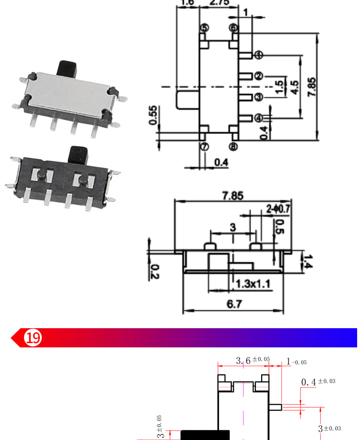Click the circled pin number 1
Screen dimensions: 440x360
(x=259, y=55)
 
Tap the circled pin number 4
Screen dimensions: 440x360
(x=259, y=118)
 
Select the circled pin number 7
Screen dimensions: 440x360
(x=204, y=147)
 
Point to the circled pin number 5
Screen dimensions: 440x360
(x=204, y=28)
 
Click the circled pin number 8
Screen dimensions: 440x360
(x=233, y=147)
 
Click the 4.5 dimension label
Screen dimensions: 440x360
(x=295, y=86)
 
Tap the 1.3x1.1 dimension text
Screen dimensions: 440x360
(x=252, y=285)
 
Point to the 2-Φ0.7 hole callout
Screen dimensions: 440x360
(x=278, y=209)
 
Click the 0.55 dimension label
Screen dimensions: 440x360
(x=153, y=115)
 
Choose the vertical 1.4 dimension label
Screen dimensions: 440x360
(x=308, y=262)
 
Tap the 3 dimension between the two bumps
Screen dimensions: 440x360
(x=233, y=227)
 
